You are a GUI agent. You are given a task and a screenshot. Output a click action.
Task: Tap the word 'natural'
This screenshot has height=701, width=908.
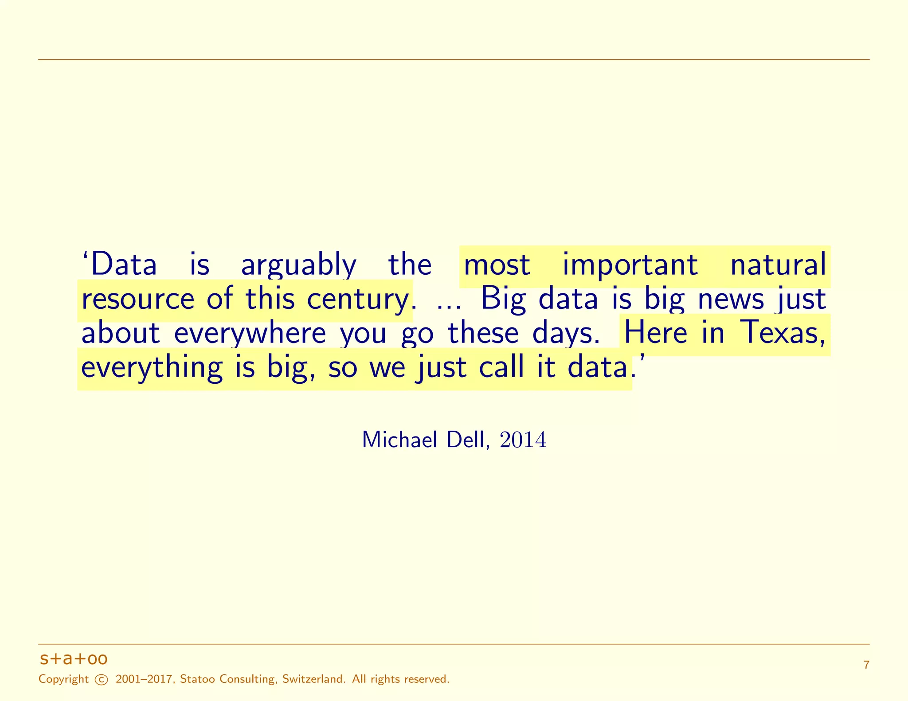coord(778,265)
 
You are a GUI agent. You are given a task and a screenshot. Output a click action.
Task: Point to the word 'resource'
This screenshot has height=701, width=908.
coord(138,299)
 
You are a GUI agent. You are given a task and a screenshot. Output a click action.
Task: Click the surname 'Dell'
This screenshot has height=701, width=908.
coord(468,440)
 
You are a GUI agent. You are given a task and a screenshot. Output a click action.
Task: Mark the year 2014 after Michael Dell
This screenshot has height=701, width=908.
coord(523,440)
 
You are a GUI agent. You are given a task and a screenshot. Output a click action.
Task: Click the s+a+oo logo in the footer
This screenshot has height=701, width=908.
coord(74,659)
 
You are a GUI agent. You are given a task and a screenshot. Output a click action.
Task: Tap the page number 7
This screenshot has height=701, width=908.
coord(866,665)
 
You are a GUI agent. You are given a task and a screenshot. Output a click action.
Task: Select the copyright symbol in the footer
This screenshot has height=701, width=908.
coord(102,680)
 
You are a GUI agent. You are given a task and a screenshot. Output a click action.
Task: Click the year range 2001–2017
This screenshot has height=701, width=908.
coord(144,679)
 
